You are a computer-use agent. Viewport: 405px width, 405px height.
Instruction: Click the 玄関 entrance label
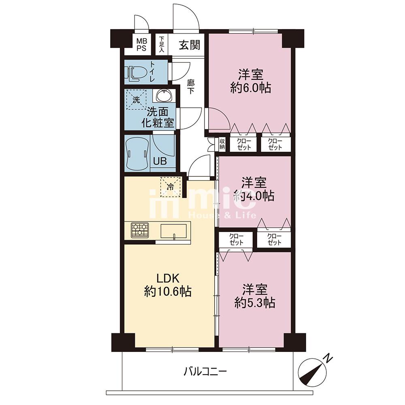[190, 45]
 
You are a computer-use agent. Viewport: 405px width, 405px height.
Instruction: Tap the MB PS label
[141, 45]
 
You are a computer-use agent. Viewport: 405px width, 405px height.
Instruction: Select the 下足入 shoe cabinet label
[162, 44]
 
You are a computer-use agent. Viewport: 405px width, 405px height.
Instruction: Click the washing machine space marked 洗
[136, 100]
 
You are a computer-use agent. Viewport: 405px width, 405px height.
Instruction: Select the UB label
[160, 161]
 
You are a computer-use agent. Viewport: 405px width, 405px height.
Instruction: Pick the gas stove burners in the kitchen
[140, 230]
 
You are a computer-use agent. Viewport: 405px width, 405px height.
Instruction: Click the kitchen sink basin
[174, 231]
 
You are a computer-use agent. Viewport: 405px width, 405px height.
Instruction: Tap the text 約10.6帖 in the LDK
[168, 292]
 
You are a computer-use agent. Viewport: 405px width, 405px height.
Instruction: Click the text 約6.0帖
[251, 88]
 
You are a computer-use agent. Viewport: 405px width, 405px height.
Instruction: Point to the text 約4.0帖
[254, 196]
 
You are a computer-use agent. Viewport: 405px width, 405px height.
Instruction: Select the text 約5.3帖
[255, 303]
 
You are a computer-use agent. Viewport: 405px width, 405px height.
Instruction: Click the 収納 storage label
[222, 144]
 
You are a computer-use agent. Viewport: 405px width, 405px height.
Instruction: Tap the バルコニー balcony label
[205, 372]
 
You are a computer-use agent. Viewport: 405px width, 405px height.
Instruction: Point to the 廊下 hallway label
[191, 87]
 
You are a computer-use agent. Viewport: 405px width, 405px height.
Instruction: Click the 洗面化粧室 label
[158, 117]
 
